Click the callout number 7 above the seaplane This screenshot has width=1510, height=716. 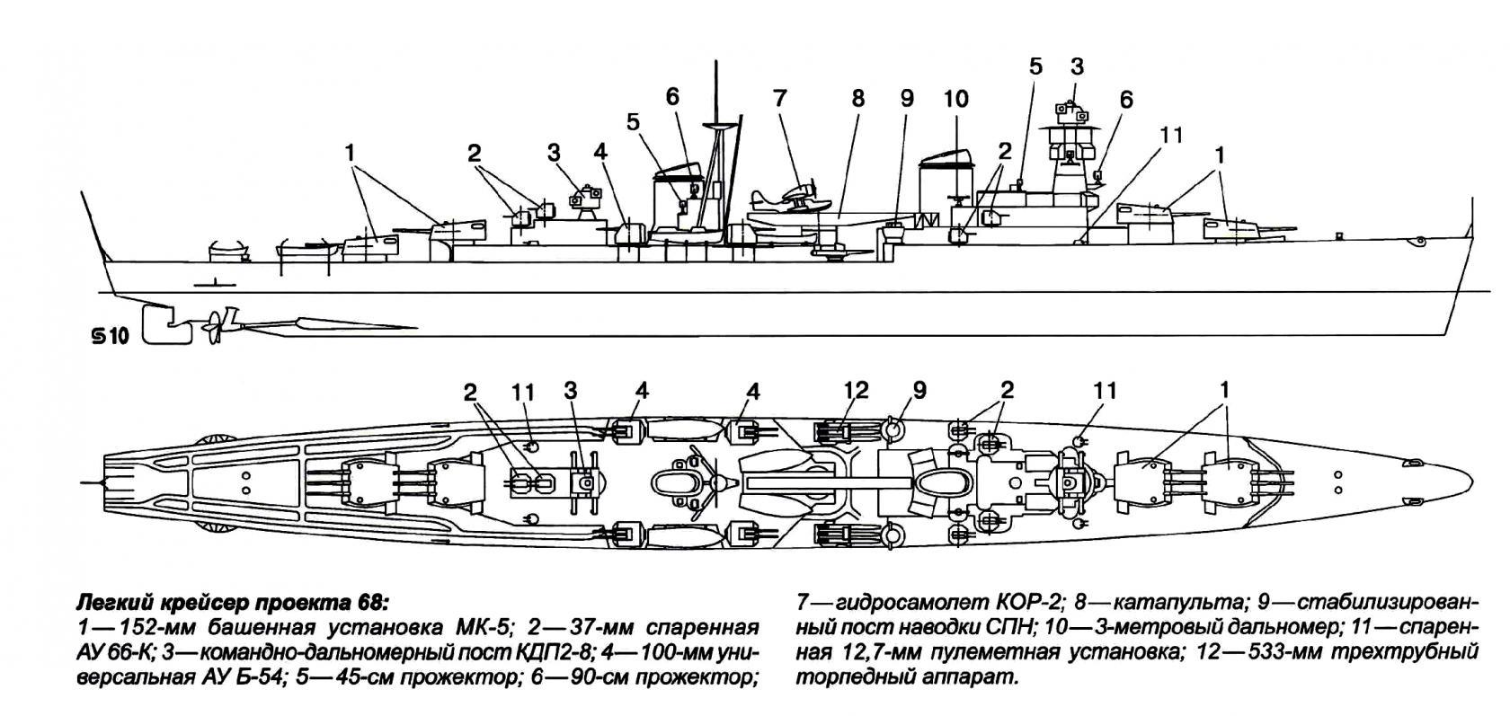pos(778,96)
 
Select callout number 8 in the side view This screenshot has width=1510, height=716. pos(857,96)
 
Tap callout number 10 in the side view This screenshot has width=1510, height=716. pos(955,96)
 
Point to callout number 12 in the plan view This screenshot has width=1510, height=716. pos(857,391)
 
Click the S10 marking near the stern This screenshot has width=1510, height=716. pos(111,337)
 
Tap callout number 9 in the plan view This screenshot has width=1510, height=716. pos(919,391)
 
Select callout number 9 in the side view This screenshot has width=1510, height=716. pos(906,96)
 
